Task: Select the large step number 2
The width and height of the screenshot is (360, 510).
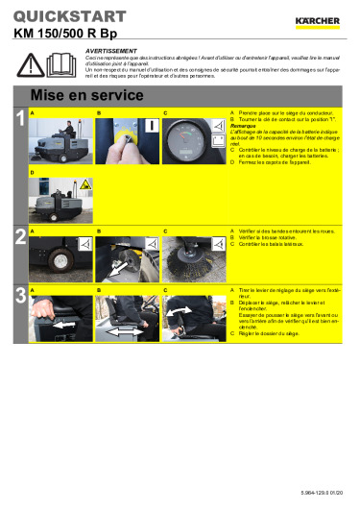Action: click(x=19, y=236)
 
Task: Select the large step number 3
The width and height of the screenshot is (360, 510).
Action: click(x=19, y=295)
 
